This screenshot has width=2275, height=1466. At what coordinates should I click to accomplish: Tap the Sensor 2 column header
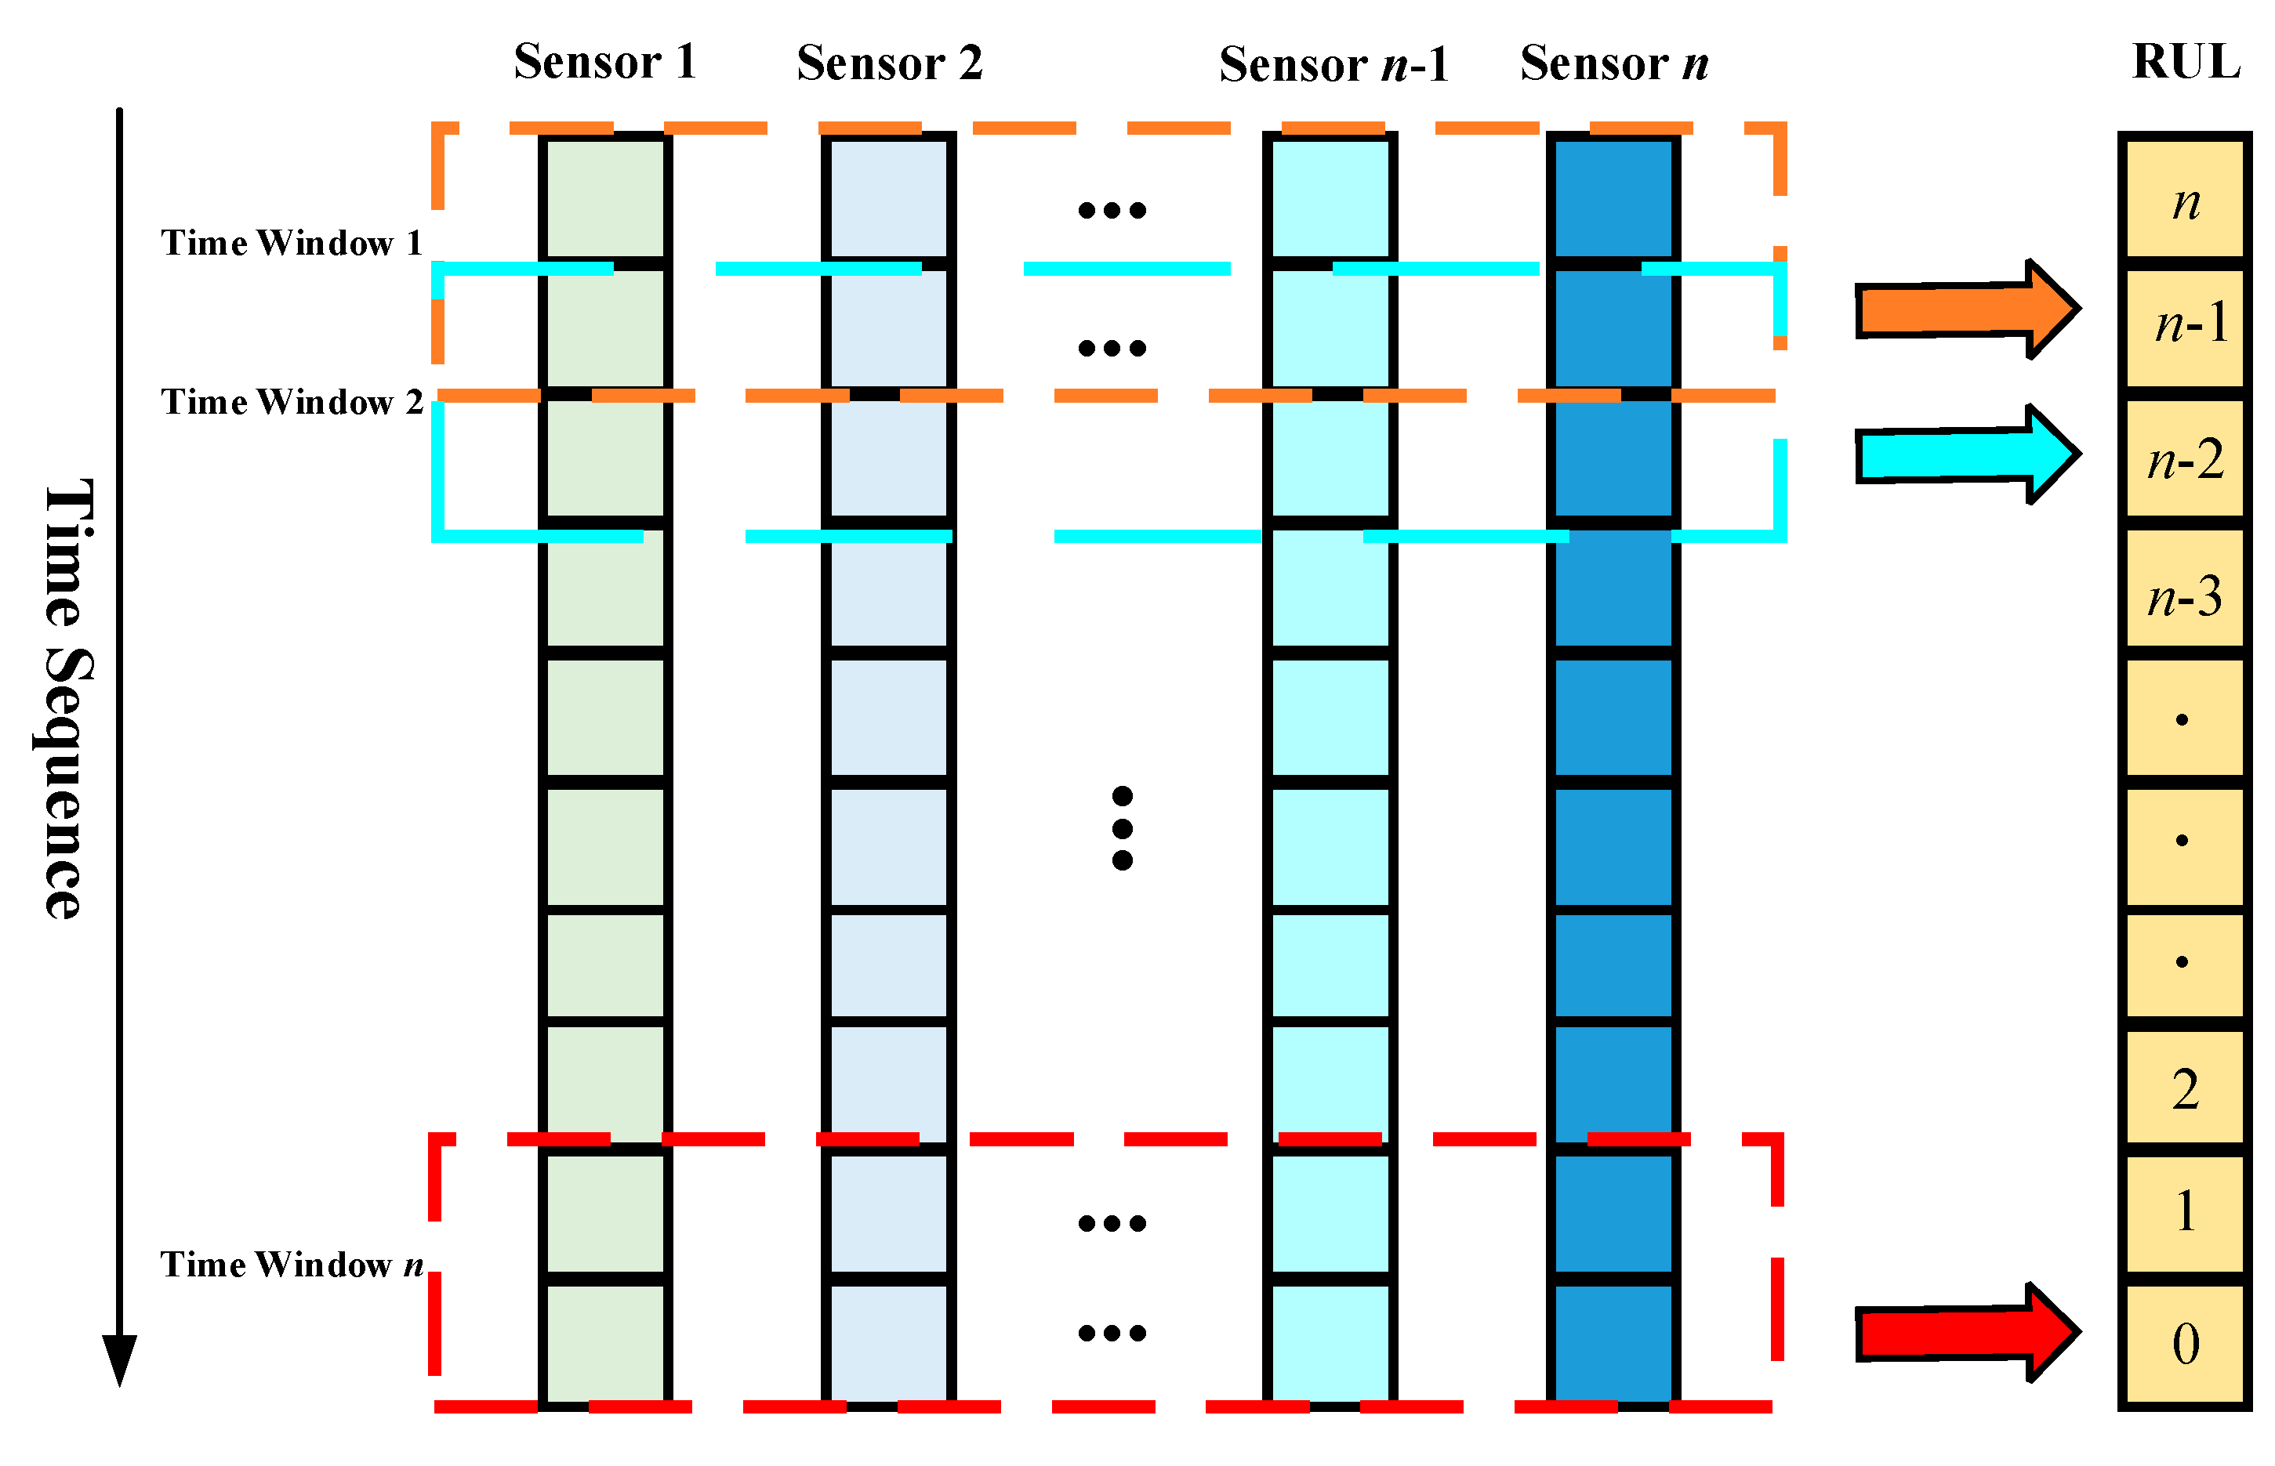(x=890, y=63)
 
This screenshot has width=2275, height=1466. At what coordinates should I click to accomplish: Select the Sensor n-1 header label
(x=1333, y=65)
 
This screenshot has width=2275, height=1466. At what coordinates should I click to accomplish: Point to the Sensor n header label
(x=1614, y=63)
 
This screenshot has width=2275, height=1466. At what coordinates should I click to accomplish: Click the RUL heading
(x=2186, y=62)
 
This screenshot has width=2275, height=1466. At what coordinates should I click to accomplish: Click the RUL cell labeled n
(x=2186, y=200)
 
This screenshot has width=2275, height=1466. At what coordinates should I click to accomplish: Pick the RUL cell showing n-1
(x=2186, y=327)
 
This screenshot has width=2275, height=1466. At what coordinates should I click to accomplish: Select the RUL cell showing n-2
(x=2186, y=459)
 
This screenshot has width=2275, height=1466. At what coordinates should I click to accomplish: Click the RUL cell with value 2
(x=2186, y=1088)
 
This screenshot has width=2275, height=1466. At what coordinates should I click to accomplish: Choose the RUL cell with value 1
(x=2186, y=1212)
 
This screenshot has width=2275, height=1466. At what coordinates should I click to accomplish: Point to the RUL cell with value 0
(x=2186, y=1343)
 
